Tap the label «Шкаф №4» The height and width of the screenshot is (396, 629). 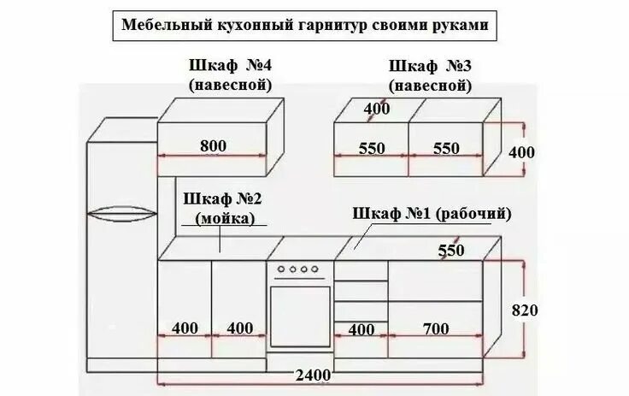click(x=231, y=66)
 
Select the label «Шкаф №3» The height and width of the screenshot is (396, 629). click(x=430, y=66)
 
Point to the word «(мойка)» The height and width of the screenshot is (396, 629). click(x=226, y=218)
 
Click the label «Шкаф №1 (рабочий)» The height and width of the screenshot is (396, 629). click(x=432, y=213)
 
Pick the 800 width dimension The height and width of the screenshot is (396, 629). click(x=213, y=146)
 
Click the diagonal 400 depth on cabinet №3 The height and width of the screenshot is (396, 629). click(x=376, y=109)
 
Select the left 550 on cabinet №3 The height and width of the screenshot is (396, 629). click(x=372, y=148)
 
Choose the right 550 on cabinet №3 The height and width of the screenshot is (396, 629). click(x=446, y=148)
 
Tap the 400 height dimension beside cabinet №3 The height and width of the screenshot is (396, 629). click(x=521, y=152)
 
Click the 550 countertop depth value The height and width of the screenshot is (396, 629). click(x=451, y=251)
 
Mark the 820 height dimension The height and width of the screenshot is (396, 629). click(x=524, y=310)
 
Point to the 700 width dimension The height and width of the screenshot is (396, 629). click(x=435, y=328)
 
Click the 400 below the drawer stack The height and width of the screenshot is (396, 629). click(x=362, y=328)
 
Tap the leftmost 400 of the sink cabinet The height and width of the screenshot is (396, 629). click(x=185, y=328)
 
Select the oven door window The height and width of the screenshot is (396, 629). click(x=300, y=316)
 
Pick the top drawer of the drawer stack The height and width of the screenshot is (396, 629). click(x=362, y=269)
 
